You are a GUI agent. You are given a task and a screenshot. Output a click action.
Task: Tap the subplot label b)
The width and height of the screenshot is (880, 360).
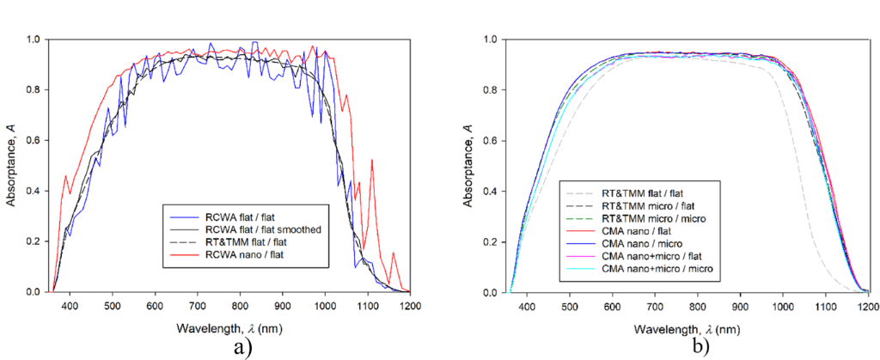[700, 348]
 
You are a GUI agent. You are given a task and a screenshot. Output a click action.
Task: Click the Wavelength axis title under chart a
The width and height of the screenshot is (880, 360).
[229, 328]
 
